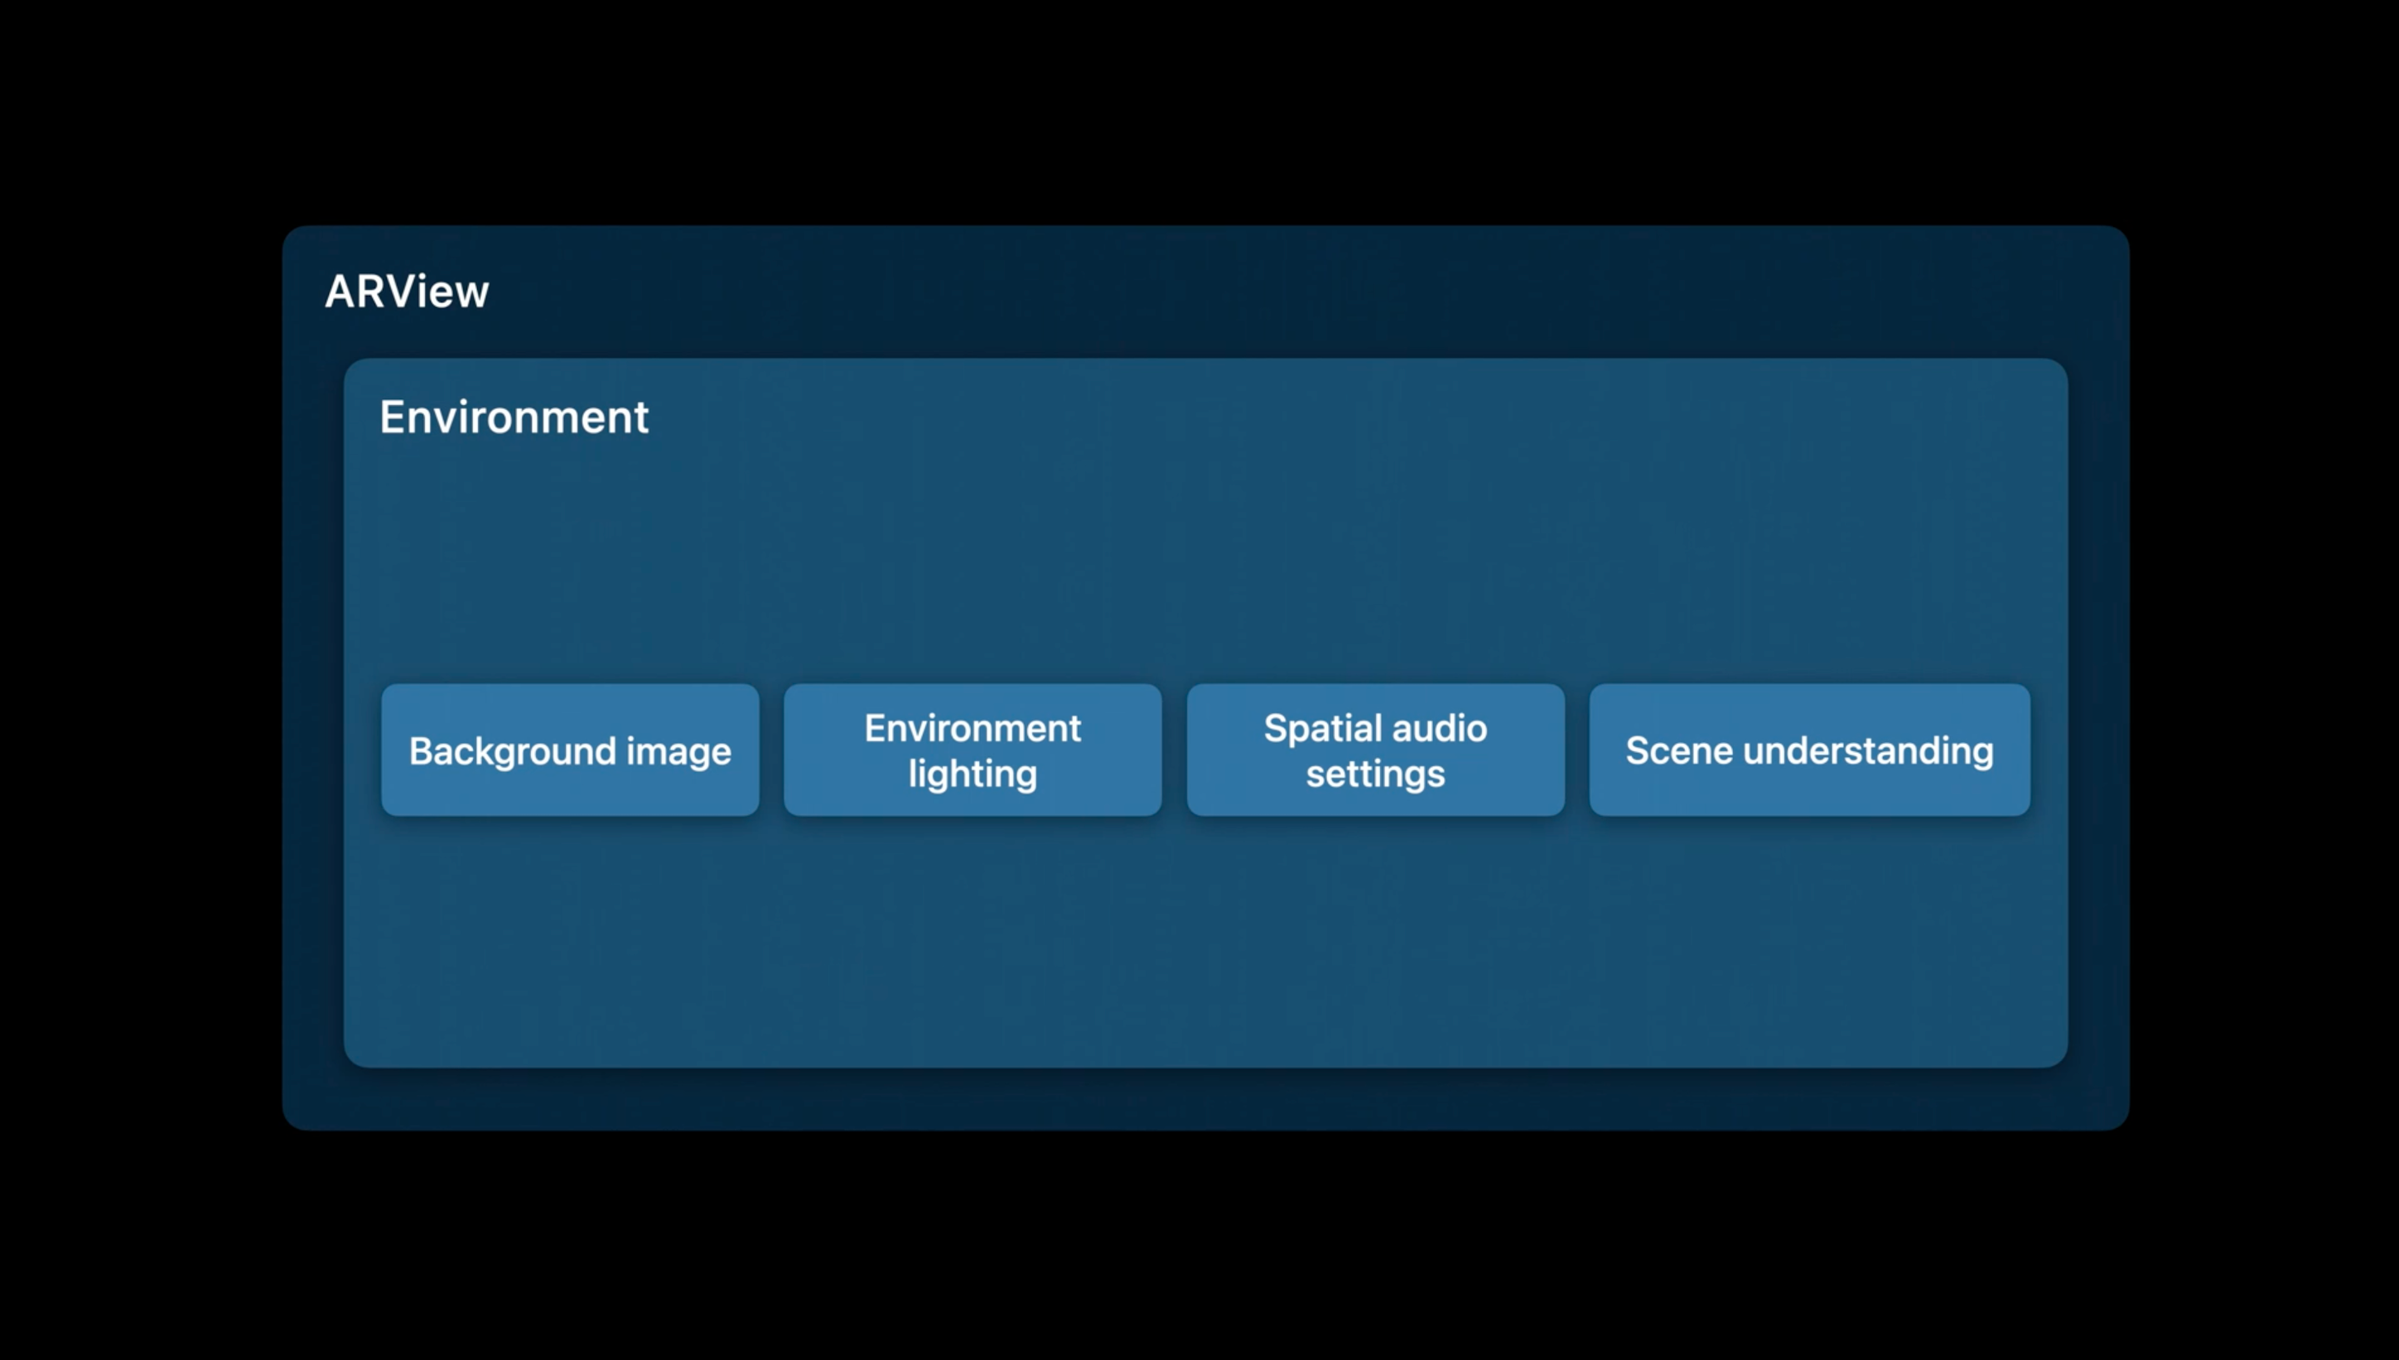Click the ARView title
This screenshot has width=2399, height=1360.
tap(407, 292)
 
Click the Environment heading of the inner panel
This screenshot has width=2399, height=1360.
tap(514, 417)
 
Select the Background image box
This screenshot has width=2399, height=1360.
tap(570, 750)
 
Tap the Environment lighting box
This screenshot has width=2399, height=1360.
tap(973, 750)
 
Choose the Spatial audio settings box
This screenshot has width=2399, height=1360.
tap(1375, 750)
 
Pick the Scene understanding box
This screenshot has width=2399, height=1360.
tap(1809, 750)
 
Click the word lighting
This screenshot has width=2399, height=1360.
tap(973, 775)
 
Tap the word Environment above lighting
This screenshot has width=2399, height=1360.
tap(973, 728)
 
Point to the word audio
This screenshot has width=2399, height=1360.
tap(1440, 728)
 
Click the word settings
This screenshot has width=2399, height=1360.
tap(1375, 775)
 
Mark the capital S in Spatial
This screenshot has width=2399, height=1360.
tap(1276, 728)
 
